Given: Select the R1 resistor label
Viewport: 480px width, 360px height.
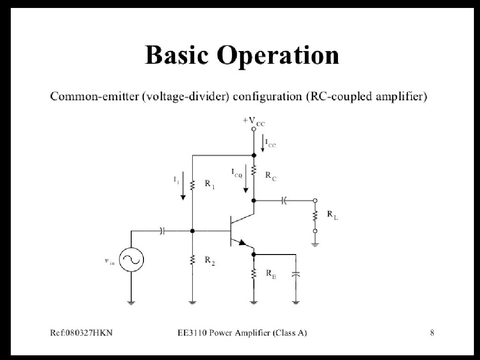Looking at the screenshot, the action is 210,184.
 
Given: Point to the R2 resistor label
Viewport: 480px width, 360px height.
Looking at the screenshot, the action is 210,262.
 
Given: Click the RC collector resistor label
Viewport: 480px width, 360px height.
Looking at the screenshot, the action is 270,176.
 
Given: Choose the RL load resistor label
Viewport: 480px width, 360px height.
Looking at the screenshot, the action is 332,215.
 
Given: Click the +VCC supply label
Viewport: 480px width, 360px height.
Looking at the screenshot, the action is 254,121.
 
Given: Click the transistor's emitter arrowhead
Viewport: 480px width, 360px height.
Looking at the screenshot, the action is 242,243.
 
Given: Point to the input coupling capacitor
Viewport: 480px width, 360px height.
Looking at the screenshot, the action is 162,231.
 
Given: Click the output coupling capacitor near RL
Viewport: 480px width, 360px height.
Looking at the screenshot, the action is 284,201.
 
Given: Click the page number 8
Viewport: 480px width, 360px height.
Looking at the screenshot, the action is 432,333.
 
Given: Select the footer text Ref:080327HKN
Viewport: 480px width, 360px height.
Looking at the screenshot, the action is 81,333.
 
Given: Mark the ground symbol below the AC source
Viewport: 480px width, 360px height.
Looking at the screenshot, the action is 131,303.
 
